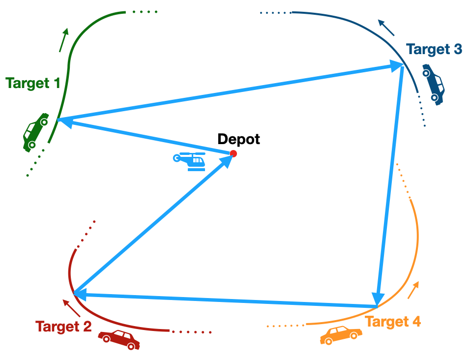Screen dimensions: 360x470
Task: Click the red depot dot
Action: [234, 154]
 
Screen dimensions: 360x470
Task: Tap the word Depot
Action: [238, 139]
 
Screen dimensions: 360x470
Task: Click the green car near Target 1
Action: [35, 131]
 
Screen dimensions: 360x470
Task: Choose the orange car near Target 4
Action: [340, 335]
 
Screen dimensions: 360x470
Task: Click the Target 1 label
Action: [33, 83]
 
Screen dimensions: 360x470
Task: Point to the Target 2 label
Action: [63, 326]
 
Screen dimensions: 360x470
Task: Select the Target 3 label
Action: [434, 49]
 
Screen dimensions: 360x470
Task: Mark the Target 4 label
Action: [393, 322]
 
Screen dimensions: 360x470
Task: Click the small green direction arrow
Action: [63, 40]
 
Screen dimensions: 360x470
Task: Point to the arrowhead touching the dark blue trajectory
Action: [395, 66]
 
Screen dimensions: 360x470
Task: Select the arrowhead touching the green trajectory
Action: [64, 121]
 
